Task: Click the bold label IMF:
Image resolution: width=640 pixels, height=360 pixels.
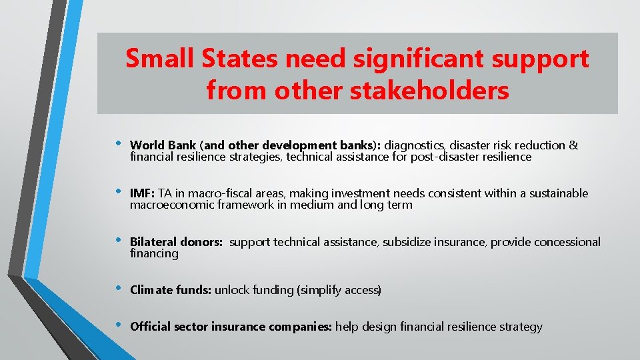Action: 142,193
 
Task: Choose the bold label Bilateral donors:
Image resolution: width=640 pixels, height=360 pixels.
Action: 176,242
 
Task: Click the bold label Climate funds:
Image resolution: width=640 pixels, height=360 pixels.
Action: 171,290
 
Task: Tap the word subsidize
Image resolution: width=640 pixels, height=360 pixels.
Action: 408,242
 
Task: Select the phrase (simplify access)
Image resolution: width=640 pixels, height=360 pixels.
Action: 340,290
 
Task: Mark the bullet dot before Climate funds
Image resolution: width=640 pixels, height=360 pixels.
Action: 118,289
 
